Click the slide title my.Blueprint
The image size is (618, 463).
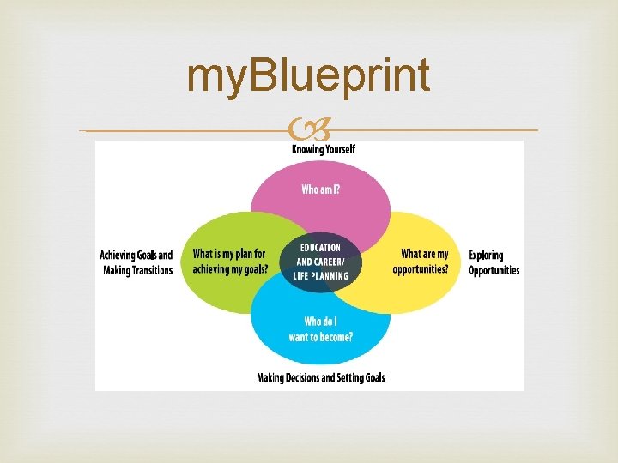pos(308,76)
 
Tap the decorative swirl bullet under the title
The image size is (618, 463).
pos(310,131)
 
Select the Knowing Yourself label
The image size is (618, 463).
pos(324,149)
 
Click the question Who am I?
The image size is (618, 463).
pos(320,189)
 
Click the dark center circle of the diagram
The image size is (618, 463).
pos(320,262)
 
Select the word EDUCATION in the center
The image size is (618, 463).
pos(320,248)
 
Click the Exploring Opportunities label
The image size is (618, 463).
pos(494,262)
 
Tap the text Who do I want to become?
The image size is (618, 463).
pos(320,329)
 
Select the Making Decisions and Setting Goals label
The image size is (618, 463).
pos(321,377)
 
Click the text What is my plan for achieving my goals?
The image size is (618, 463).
pos(230,262)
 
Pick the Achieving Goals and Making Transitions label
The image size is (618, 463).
pos(136,262)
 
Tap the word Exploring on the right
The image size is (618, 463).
pos(486,255)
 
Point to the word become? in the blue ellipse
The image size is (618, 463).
pos(334,337)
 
